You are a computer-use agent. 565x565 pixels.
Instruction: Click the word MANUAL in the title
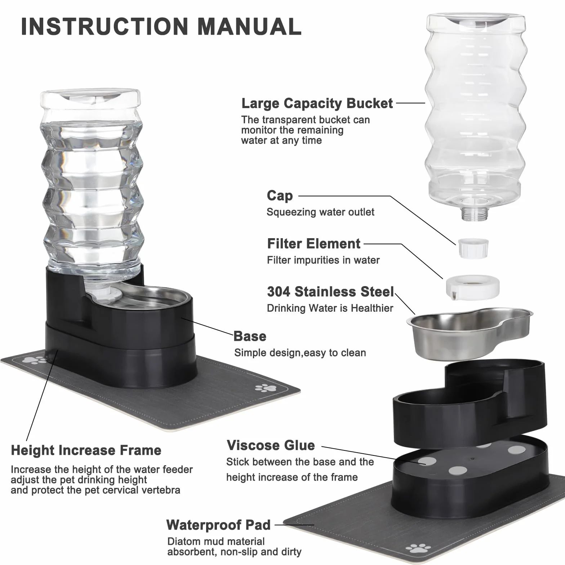(249, 26)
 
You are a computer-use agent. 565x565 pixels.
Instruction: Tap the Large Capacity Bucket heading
(317, 103)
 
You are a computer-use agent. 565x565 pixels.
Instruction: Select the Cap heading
(280, 196)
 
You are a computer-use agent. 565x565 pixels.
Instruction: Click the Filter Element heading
(314, 244)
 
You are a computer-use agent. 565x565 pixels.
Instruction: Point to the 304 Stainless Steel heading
(330, 292)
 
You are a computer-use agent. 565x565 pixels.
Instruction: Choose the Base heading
(250, 336)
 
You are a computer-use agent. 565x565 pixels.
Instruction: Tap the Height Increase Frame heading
(86, 450)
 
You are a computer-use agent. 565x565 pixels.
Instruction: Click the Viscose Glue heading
(271, 445)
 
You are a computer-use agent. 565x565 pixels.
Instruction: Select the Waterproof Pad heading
(218, 525)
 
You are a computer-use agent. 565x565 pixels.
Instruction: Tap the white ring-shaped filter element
(473, 286)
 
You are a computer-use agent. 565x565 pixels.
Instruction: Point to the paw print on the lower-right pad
(418, 548)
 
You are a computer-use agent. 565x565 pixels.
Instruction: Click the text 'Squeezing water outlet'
(320, 212)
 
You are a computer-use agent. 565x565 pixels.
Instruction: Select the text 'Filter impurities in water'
(323, 260)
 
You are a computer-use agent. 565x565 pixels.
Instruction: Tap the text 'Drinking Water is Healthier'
(330, 308)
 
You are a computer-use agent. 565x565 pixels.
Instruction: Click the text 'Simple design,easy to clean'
(300, 353)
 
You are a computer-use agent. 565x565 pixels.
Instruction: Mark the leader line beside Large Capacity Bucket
(411, 103)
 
